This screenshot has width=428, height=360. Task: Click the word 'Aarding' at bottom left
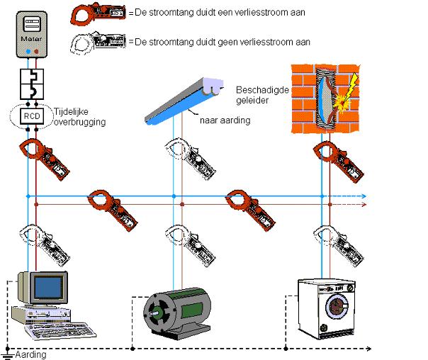pos(30,354)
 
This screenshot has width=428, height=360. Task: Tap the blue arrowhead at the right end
pos(364,196)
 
